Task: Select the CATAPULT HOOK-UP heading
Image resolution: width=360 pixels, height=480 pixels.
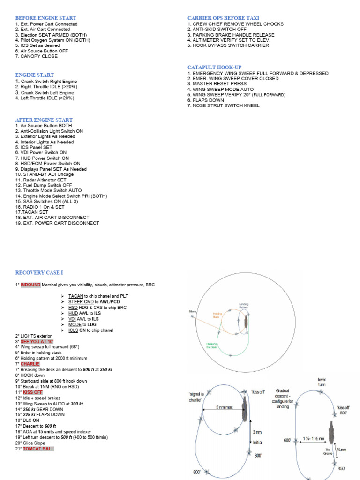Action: [215, 67]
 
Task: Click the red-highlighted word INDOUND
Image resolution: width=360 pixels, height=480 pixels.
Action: [30, 285]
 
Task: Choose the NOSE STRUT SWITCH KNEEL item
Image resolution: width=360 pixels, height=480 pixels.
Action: [223, 105]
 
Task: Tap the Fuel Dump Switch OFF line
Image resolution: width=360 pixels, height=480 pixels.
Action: [40, 185]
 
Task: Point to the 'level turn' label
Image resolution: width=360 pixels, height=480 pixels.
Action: [322, 382]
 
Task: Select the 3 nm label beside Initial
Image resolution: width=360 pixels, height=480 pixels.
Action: [257, 432]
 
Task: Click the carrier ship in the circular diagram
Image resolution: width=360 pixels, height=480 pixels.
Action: [246, 322]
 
